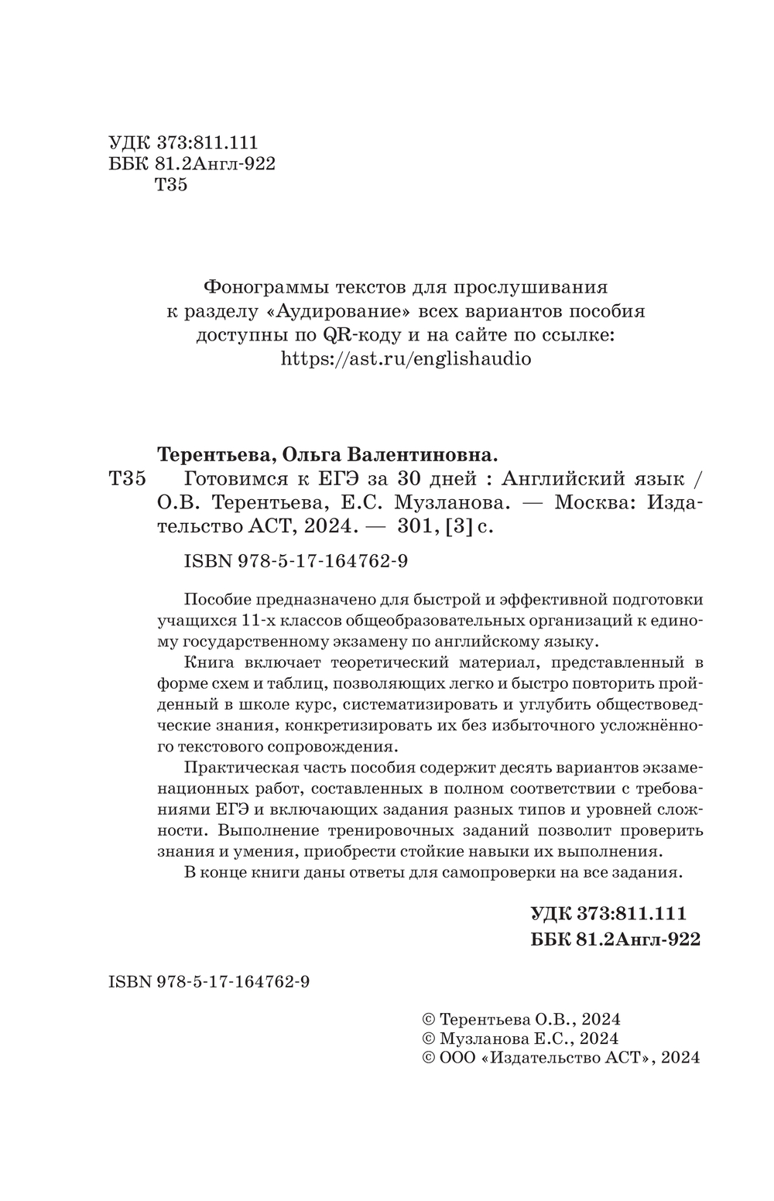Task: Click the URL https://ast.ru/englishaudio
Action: (405, 359)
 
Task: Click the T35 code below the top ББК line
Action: (171, 186)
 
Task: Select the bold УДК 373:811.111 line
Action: (608, 914)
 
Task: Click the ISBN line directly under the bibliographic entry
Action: (296, 563)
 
